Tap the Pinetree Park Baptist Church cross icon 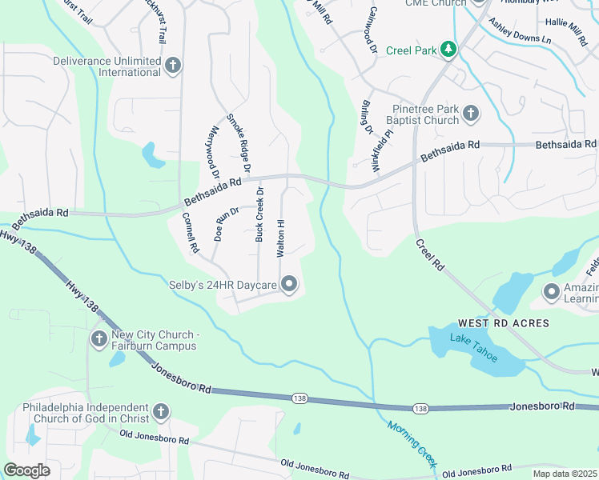471,113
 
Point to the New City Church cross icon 98,339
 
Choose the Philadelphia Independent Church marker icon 161,412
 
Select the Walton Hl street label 280,237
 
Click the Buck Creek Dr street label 259,214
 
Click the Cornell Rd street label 190,232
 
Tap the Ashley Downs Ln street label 520,33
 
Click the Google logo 26,470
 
